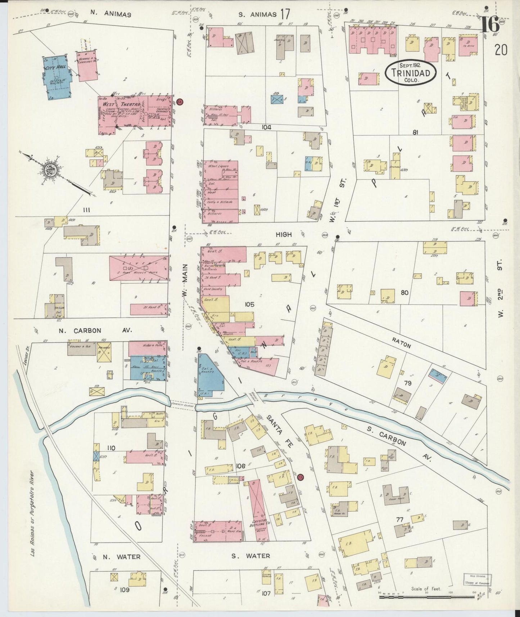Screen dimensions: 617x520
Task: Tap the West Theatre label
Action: coord(111,104)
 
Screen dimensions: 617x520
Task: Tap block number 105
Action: coord(249,305)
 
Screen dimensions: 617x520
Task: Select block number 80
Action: coord(404,293)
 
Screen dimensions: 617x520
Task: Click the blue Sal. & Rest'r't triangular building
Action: coord(209,374)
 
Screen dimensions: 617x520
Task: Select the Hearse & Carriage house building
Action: coord(86,65)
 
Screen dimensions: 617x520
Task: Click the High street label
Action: coord(284,234)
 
